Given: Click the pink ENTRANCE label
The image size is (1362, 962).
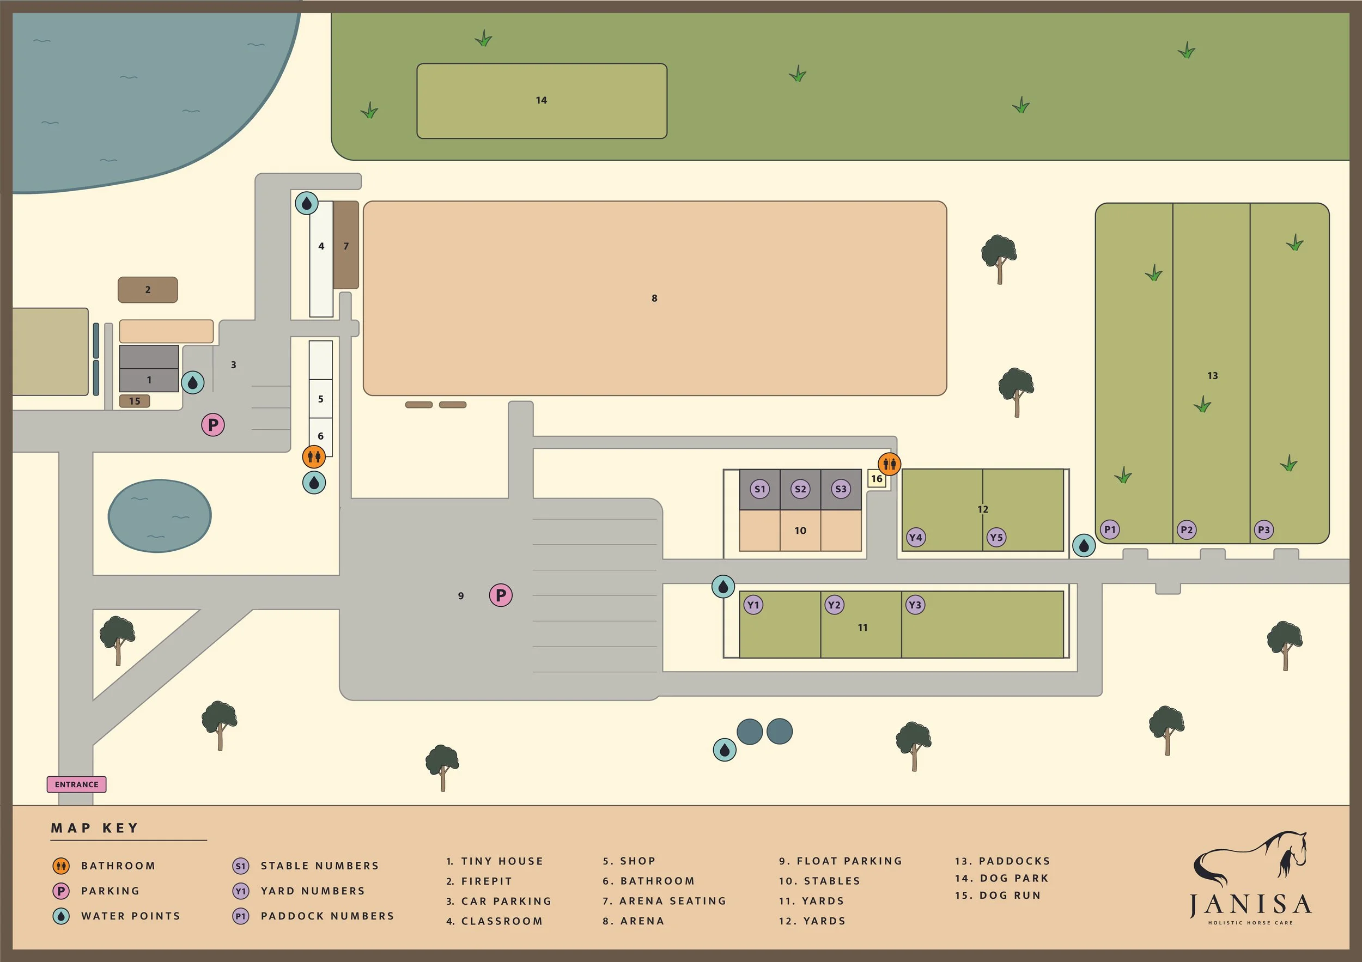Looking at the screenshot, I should pos(76,784).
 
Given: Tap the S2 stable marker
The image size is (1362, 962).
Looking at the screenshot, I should pos(800,489).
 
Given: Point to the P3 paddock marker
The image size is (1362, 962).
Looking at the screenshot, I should pos(1263,530).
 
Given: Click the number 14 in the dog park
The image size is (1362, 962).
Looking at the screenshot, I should pos(541,101).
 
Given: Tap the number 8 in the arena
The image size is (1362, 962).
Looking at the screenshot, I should pos(654,299).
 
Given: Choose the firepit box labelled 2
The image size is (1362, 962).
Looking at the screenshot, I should pos(148,290).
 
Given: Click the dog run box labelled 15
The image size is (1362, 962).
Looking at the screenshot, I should pos(135,401).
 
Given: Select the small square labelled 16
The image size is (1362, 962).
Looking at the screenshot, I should pos(877,479).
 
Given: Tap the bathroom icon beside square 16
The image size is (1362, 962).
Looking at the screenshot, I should pos(889,464).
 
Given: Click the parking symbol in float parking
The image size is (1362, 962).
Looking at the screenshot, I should pos(501,595).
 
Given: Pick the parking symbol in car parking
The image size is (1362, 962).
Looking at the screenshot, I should pos(213,425).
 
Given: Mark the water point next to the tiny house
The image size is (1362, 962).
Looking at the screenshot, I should pos(193,382).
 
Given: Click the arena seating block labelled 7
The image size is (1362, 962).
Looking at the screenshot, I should pos(346,245).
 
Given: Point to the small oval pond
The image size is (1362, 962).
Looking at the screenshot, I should pos(159,515).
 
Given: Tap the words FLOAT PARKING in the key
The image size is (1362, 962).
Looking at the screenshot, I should pos(849,861).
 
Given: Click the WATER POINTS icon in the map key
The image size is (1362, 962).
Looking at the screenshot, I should pos(61,916).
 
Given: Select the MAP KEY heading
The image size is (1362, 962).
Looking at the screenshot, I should pos(95,828).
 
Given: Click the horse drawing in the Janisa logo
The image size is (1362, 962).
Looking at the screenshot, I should pos(1251,860).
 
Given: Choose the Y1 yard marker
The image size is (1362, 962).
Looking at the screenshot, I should pos(753,605).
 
